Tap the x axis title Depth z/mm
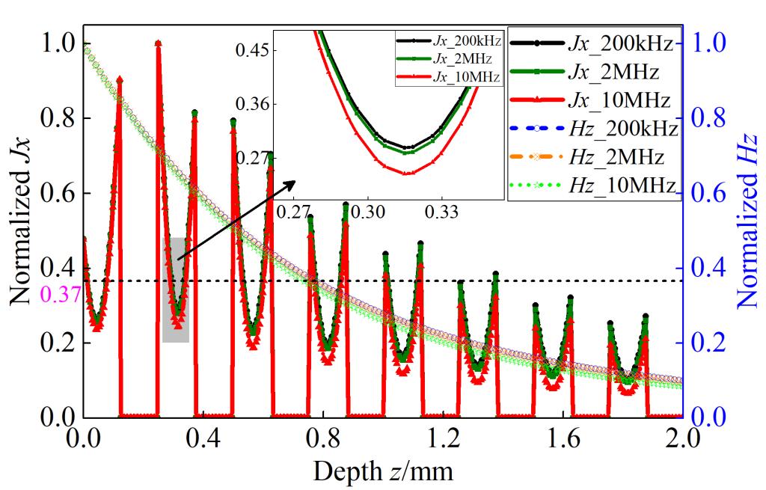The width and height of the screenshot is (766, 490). coord(382,471)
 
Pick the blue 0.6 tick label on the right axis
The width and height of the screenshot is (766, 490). coord(714,193)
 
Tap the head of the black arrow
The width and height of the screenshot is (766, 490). coord(293,182)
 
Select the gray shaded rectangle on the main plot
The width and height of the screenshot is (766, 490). coord(175,290)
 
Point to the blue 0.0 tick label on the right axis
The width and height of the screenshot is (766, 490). coord(714,417)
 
